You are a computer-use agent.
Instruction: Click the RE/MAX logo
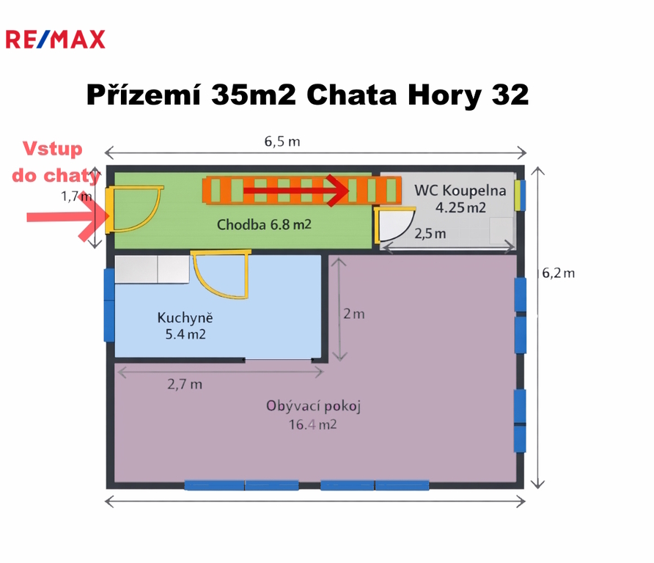[55, 39]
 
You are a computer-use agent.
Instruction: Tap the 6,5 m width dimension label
[282, 141]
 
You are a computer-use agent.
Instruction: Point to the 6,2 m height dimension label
[558, 273]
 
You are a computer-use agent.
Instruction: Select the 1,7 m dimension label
[76, 196]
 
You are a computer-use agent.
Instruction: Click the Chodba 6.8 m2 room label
[264, 225]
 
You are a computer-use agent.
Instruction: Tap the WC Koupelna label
[460, 191]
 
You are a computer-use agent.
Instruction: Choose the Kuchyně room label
[185, 317]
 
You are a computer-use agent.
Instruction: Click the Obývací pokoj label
[313, 406]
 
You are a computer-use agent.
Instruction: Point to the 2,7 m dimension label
[184, 384]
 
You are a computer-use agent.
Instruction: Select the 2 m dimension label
[353, 314]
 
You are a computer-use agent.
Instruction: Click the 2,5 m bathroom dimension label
[430, 234]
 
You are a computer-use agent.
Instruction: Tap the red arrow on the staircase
[296, 191]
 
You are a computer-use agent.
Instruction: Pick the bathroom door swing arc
[403, 234]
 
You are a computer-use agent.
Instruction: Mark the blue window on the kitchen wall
[109, 305]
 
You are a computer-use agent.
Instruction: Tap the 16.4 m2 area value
[312, 425]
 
